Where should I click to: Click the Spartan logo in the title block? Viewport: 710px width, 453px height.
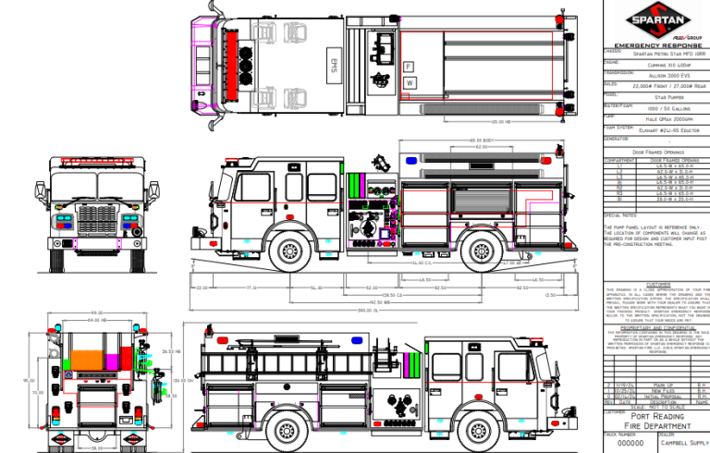coord(655,20)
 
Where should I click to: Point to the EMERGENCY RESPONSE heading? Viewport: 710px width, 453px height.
coord(655,44)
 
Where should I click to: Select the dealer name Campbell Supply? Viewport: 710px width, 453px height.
coord(682,442)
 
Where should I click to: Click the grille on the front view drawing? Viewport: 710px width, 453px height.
coord(98,223)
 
